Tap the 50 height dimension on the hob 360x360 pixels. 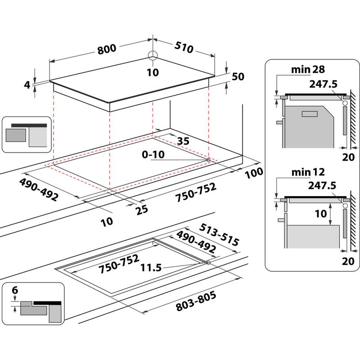(x=238, y=76)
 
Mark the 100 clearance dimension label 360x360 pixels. (x=254, y=172)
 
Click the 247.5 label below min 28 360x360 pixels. (x=323, y=83)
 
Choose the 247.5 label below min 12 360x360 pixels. (x=323, y=185)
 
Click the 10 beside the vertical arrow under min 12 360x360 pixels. (x=320, y=214)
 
